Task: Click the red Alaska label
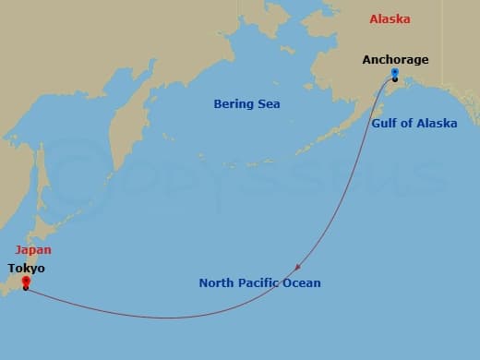390,19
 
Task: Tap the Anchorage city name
395,60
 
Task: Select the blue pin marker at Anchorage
395,74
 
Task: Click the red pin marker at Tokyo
26,282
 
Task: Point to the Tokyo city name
26,269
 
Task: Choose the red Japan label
32,249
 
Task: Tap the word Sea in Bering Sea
269,104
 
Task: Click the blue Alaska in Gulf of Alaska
438,123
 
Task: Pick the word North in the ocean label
217,282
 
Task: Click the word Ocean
303,282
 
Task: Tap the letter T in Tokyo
11,269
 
